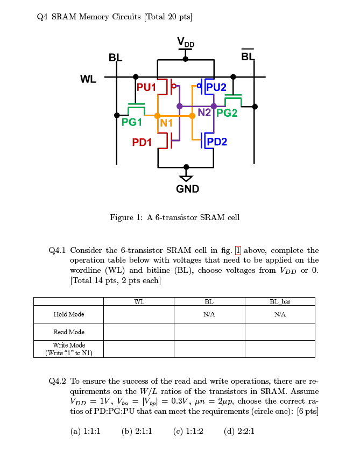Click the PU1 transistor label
click(146, 87)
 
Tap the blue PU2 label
click(216, 87)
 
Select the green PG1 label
click(132, 123)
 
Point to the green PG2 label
click(227, 114)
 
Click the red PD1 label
click(142, 142)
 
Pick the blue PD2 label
click(217, 142)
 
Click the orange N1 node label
click(166, 123)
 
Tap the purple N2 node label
click(204, 112)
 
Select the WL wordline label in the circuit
click(88, 80)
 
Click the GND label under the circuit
click(187, 189)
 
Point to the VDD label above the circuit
click(186, 43)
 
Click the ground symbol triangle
click(186, 178)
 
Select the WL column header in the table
click(139, 302)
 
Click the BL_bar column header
click(280, 302)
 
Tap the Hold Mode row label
click(68, 314)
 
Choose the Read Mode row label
click(68, 332)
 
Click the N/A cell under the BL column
click(209, 314)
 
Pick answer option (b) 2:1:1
click(137, 431)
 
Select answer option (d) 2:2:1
click(239, 431)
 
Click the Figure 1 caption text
click(174, 217)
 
